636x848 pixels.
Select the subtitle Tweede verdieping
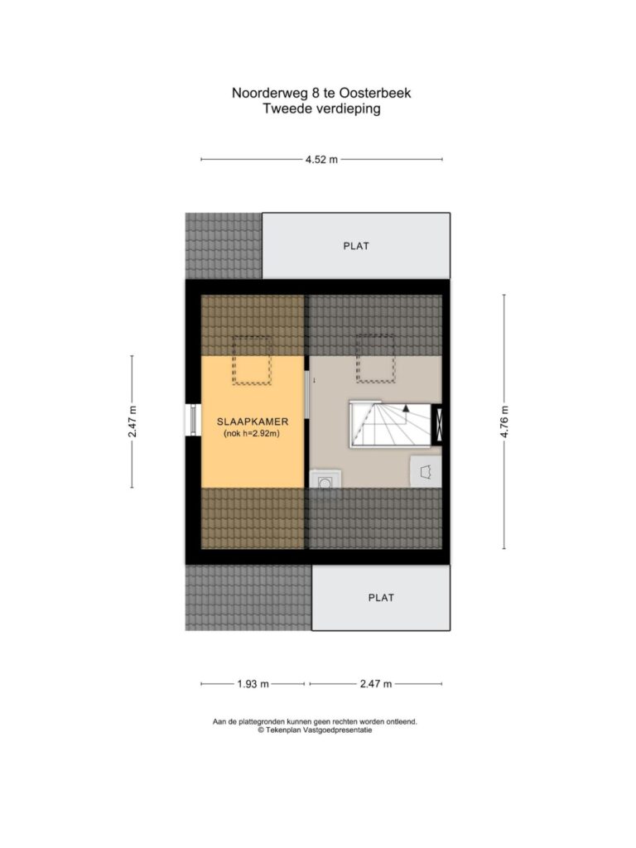coord(322,108)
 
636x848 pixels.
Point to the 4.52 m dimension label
coord(321,160)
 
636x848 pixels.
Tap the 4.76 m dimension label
coord(504,422)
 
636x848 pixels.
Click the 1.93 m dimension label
coord(253,684)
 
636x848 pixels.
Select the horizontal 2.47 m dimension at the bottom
coord(376,684)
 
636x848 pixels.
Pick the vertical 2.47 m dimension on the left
coord(132,422)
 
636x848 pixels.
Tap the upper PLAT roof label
coord(356,246)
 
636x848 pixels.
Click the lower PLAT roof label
coord(381,598)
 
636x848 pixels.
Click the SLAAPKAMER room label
coord(253,422)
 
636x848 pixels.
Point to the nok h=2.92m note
coord(252,434)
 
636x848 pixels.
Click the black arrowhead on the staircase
coord(406,409)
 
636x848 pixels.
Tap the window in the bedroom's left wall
coord(192,420)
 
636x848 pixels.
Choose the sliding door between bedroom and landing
coord(308,393)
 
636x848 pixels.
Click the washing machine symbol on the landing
coord(325,479)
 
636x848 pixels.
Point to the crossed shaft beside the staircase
coord(437,425)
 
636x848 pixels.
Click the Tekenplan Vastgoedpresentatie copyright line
coord(316,730)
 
